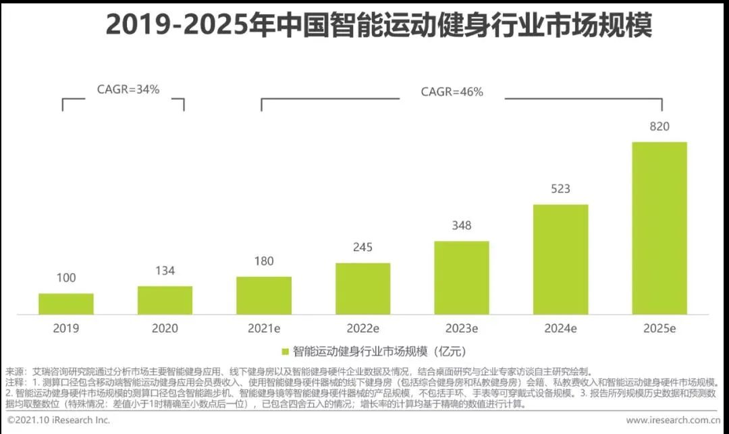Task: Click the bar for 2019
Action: click(x=66, y=304)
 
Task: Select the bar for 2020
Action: click(x=165, y=300)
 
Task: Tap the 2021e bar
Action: click(x=264, y=296)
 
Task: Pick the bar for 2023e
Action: click(x=462, y=278)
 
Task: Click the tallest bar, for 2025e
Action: click(x=659, y=228)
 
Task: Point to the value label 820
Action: click(x=659, y=126)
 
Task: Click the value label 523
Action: click(x=560, y=189)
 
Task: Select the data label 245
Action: click(x=362, y=247)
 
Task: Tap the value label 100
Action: click(x=66, y=278)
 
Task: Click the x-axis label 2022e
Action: click(x=362, y=329)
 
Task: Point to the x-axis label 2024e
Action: click(x=560, y=329)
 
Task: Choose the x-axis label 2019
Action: click(x=66, y=329)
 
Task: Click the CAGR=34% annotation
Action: click(x=128, y=89)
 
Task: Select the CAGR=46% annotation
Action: click(x=452, y=92)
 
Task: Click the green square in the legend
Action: click(x=286, y=352)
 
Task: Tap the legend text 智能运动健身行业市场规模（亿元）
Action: click(x=379, y=351)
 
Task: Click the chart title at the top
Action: click(x=379, y=24)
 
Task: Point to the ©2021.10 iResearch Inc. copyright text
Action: click(x=59, y=420)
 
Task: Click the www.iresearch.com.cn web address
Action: click(x=673, y=420)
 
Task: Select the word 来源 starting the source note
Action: click(x=14, y=372)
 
